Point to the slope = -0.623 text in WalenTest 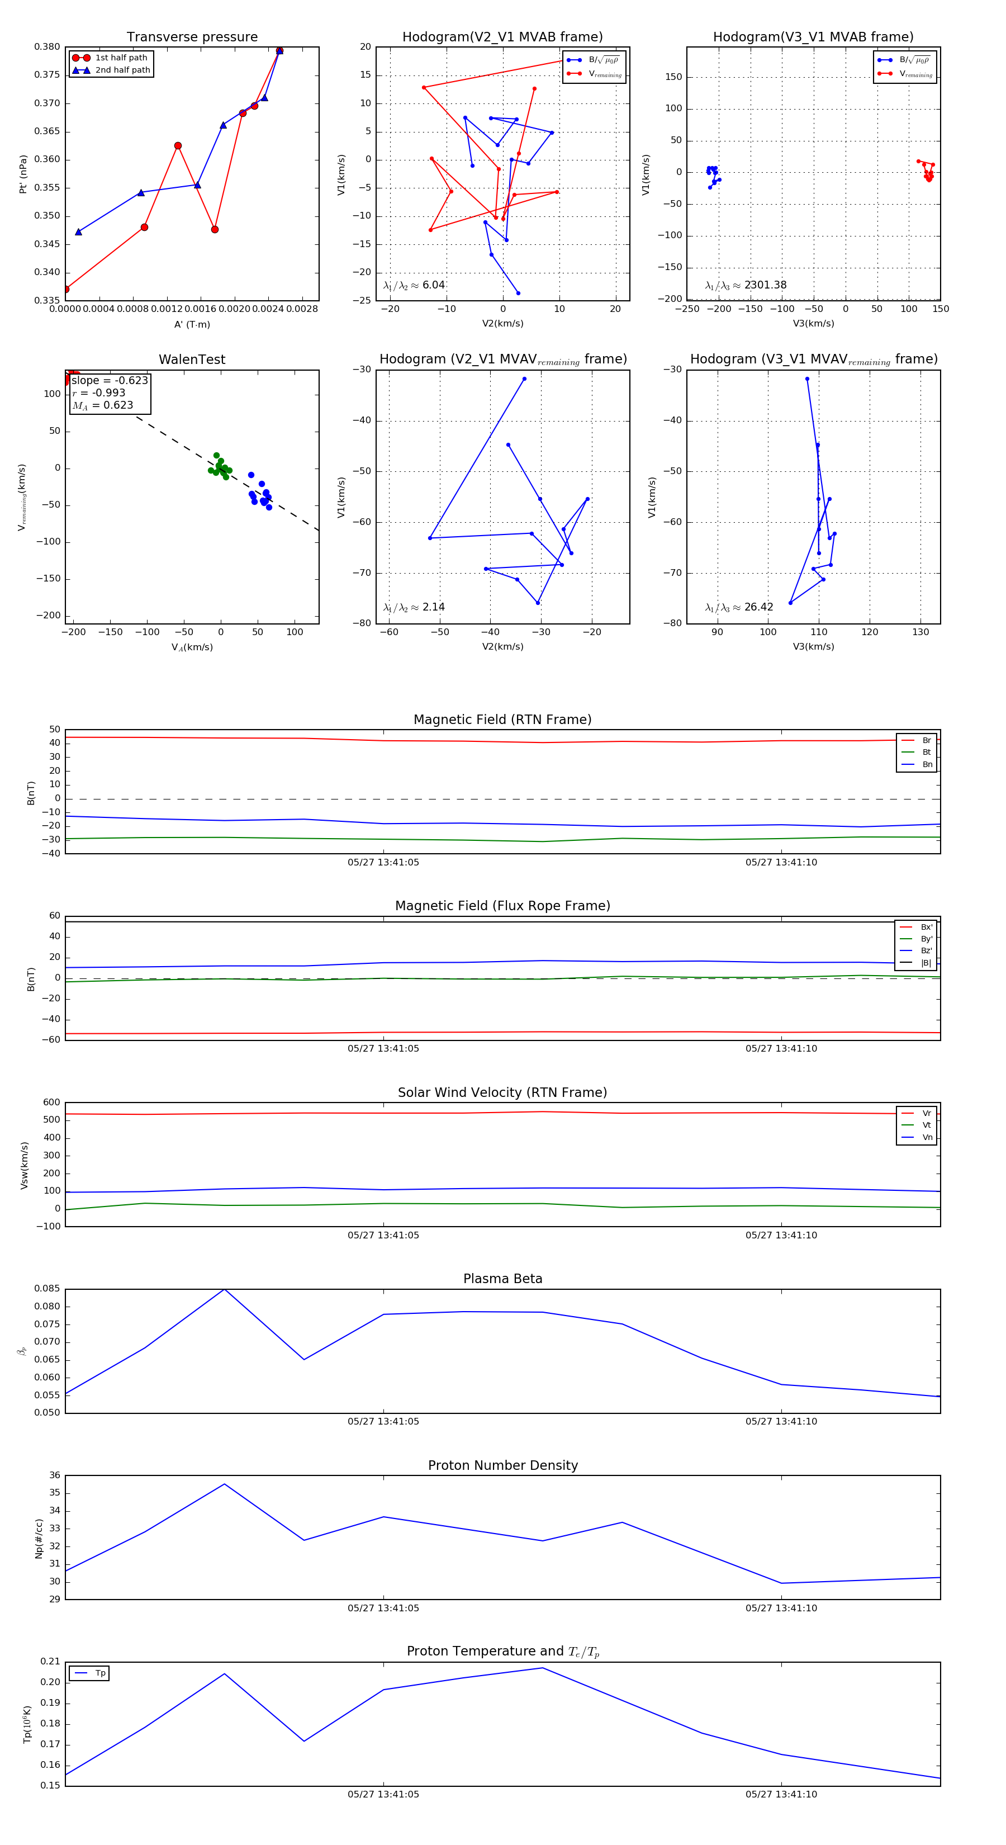point(110,380)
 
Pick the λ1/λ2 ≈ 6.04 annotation point(414,285)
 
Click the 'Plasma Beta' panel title point(502,1279)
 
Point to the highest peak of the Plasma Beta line point(224,1289)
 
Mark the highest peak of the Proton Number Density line point(224,1484)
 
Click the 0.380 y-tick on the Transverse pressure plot point(48,48)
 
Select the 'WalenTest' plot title point(192,359)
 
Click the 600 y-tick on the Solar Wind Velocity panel point(51,1103)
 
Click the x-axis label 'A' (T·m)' point(192,324)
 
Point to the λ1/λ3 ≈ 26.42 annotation point(739,607)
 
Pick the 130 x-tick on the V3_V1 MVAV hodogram point(920,632)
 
